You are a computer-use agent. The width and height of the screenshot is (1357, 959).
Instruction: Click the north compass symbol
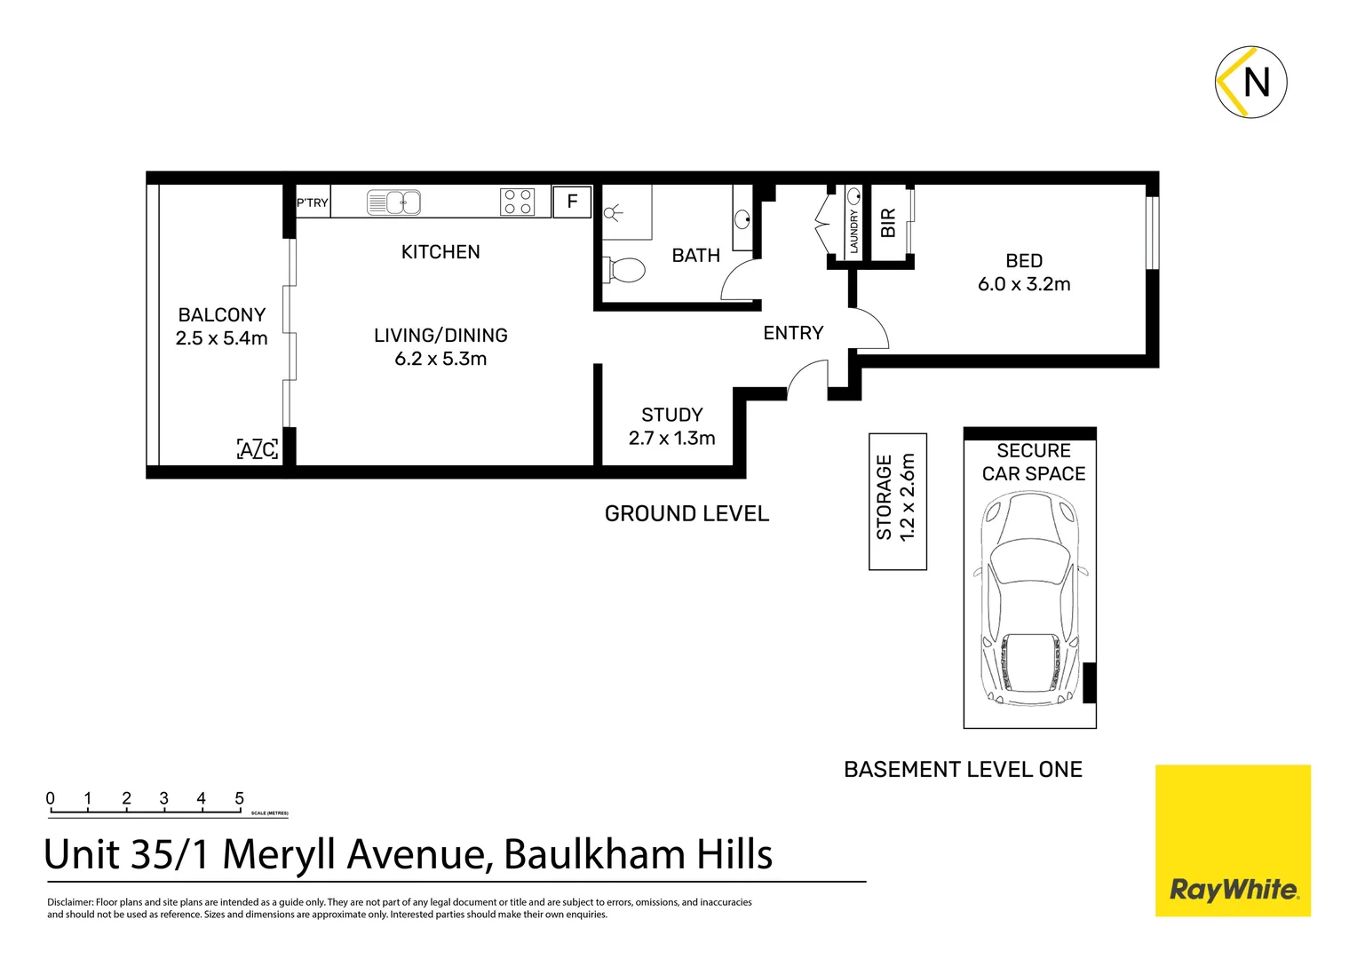pos(1250,82)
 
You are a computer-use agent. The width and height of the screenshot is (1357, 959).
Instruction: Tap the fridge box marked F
pos(572,202)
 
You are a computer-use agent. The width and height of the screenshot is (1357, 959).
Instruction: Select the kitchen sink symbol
pos(393,202)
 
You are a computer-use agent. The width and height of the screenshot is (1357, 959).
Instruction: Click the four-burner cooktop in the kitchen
pos(518,202)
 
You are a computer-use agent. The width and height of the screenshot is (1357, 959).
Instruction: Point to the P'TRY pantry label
pos(312,203)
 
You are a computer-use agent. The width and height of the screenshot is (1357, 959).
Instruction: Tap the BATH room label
pos(695,256)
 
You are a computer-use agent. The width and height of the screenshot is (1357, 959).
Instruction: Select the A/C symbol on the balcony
pos(258,449)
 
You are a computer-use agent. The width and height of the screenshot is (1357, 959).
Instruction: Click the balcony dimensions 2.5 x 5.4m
pos(221,338)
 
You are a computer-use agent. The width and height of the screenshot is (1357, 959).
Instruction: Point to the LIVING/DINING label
pos(440,336)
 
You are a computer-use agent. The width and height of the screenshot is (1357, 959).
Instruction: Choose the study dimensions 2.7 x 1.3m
pos(671,438)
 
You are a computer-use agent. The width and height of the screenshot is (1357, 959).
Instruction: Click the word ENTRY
pos(793,333)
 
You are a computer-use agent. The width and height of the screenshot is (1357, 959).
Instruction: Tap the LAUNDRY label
pos(854,231)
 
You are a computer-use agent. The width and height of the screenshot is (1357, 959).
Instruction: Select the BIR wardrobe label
pos(887,222)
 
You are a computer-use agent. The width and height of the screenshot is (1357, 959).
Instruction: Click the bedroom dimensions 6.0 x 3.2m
pos(1024,284)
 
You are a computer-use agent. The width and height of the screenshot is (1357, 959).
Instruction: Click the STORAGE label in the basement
pos(885,497)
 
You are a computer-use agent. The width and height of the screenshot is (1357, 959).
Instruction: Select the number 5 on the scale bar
pos(239,798)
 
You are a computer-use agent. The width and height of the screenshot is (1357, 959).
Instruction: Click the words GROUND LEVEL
pos(686,514)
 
